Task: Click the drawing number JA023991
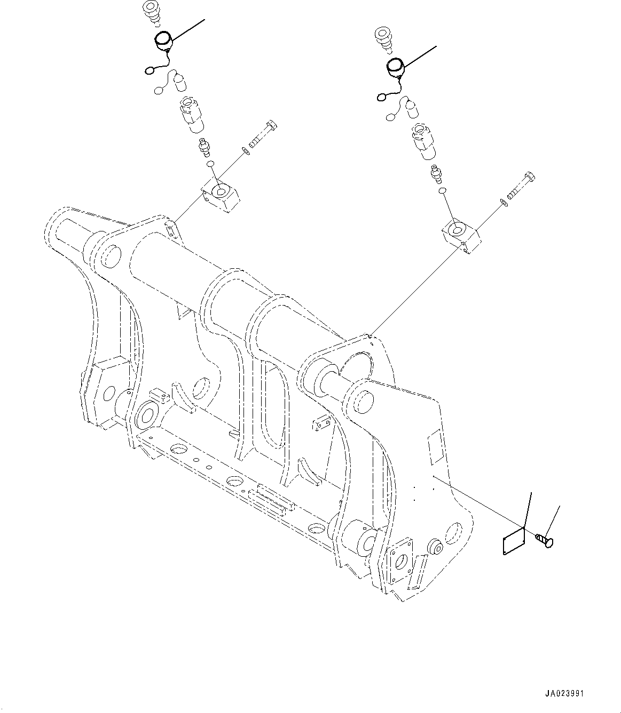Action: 564,694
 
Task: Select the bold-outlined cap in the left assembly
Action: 162,41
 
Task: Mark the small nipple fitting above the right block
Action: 436,174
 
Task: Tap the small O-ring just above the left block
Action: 211,163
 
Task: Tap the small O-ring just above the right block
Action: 443,190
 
